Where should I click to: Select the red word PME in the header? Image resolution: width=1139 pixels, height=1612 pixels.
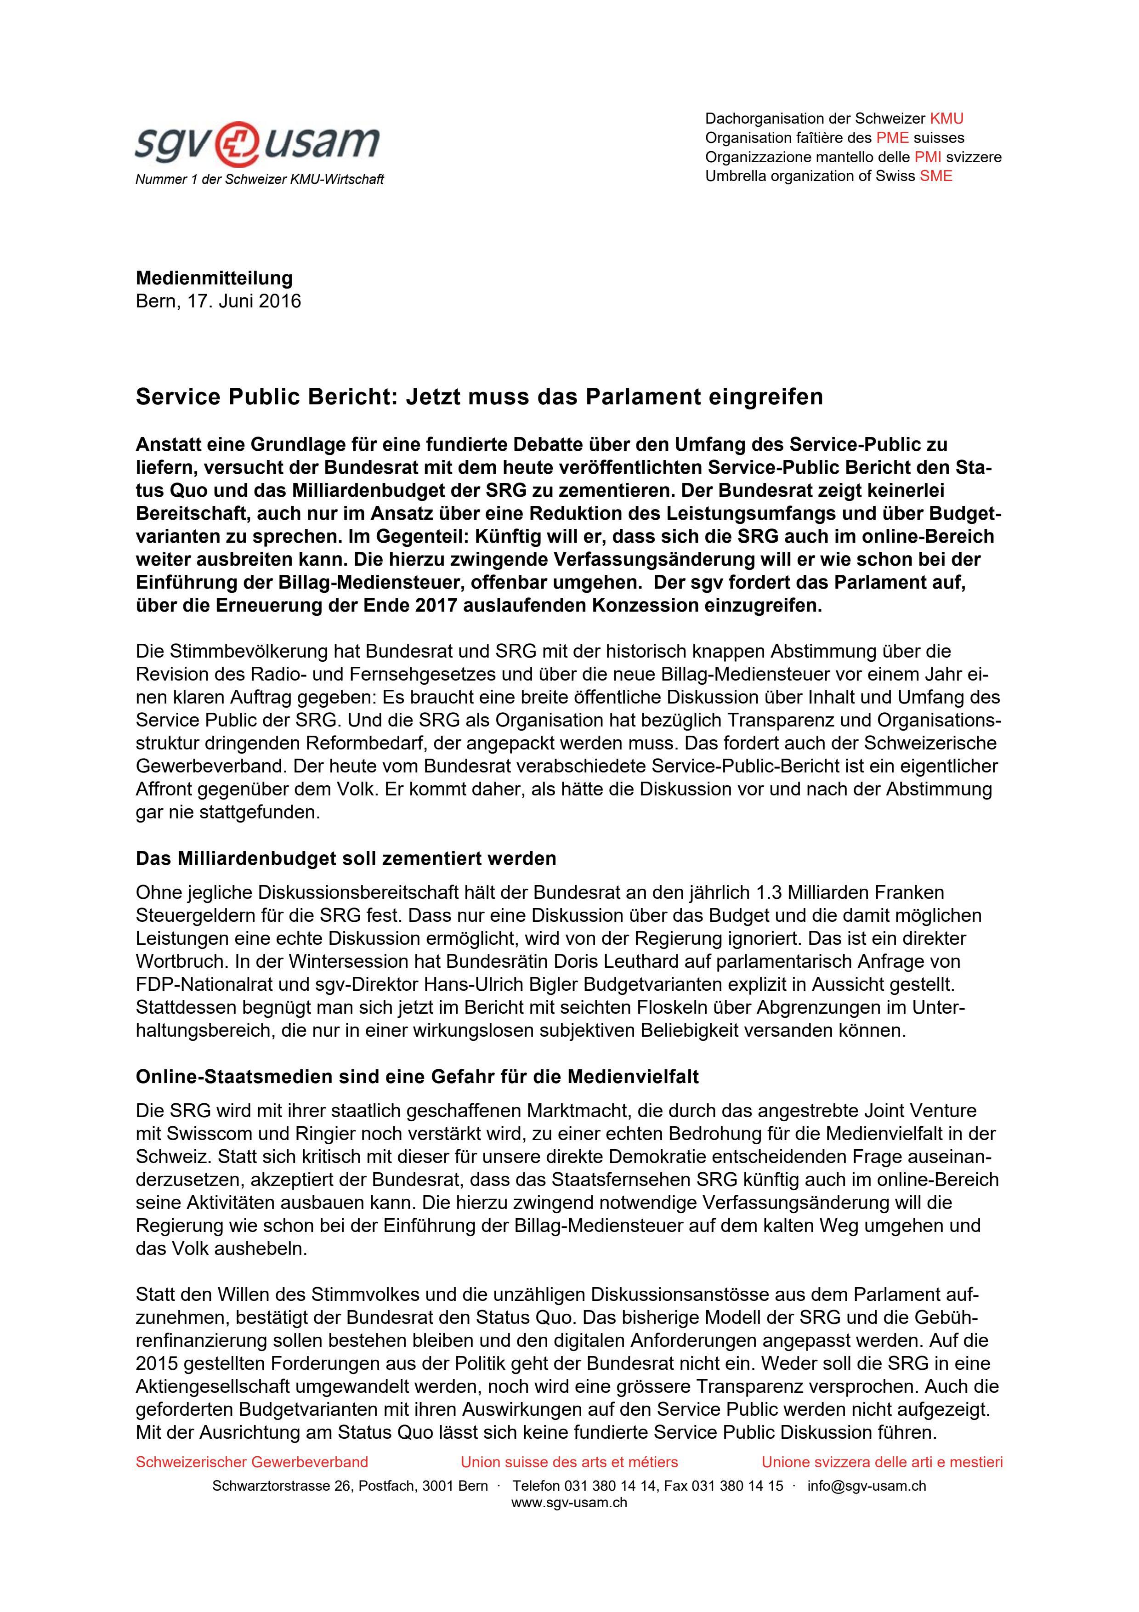tap(892, 137)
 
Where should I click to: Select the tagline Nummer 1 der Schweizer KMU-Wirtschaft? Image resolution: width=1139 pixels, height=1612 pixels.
tap(260, 180)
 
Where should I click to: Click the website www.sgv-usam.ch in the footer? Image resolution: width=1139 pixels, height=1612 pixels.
tap(569, 1503)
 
